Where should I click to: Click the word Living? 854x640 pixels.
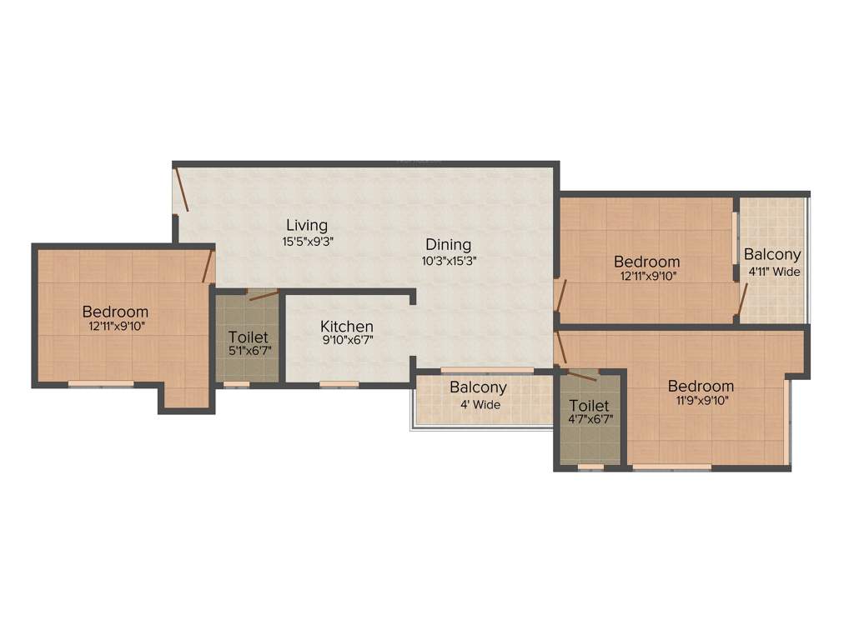[306, 225]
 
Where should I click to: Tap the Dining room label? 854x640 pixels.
[448, 245]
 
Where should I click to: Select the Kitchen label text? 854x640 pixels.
[347, 327]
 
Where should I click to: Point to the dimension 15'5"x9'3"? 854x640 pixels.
[306, 242]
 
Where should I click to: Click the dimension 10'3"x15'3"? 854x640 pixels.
[449, 260]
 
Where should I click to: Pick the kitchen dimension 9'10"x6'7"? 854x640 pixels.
[347, 341]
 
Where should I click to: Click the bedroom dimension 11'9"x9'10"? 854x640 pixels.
[701, 401]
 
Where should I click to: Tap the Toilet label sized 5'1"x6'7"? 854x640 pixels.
[249, 337]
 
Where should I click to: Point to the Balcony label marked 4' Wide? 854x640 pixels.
[478, 387]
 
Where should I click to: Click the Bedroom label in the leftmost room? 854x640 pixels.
[115, 312]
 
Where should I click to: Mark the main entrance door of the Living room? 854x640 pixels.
[180, 190]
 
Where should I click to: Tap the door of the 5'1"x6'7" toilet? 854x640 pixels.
[263, 295]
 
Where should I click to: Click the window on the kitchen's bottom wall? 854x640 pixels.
[339, 384]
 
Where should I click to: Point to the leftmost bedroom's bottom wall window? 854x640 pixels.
[100, 384]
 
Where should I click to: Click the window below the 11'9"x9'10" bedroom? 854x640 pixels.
[671, 467]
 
